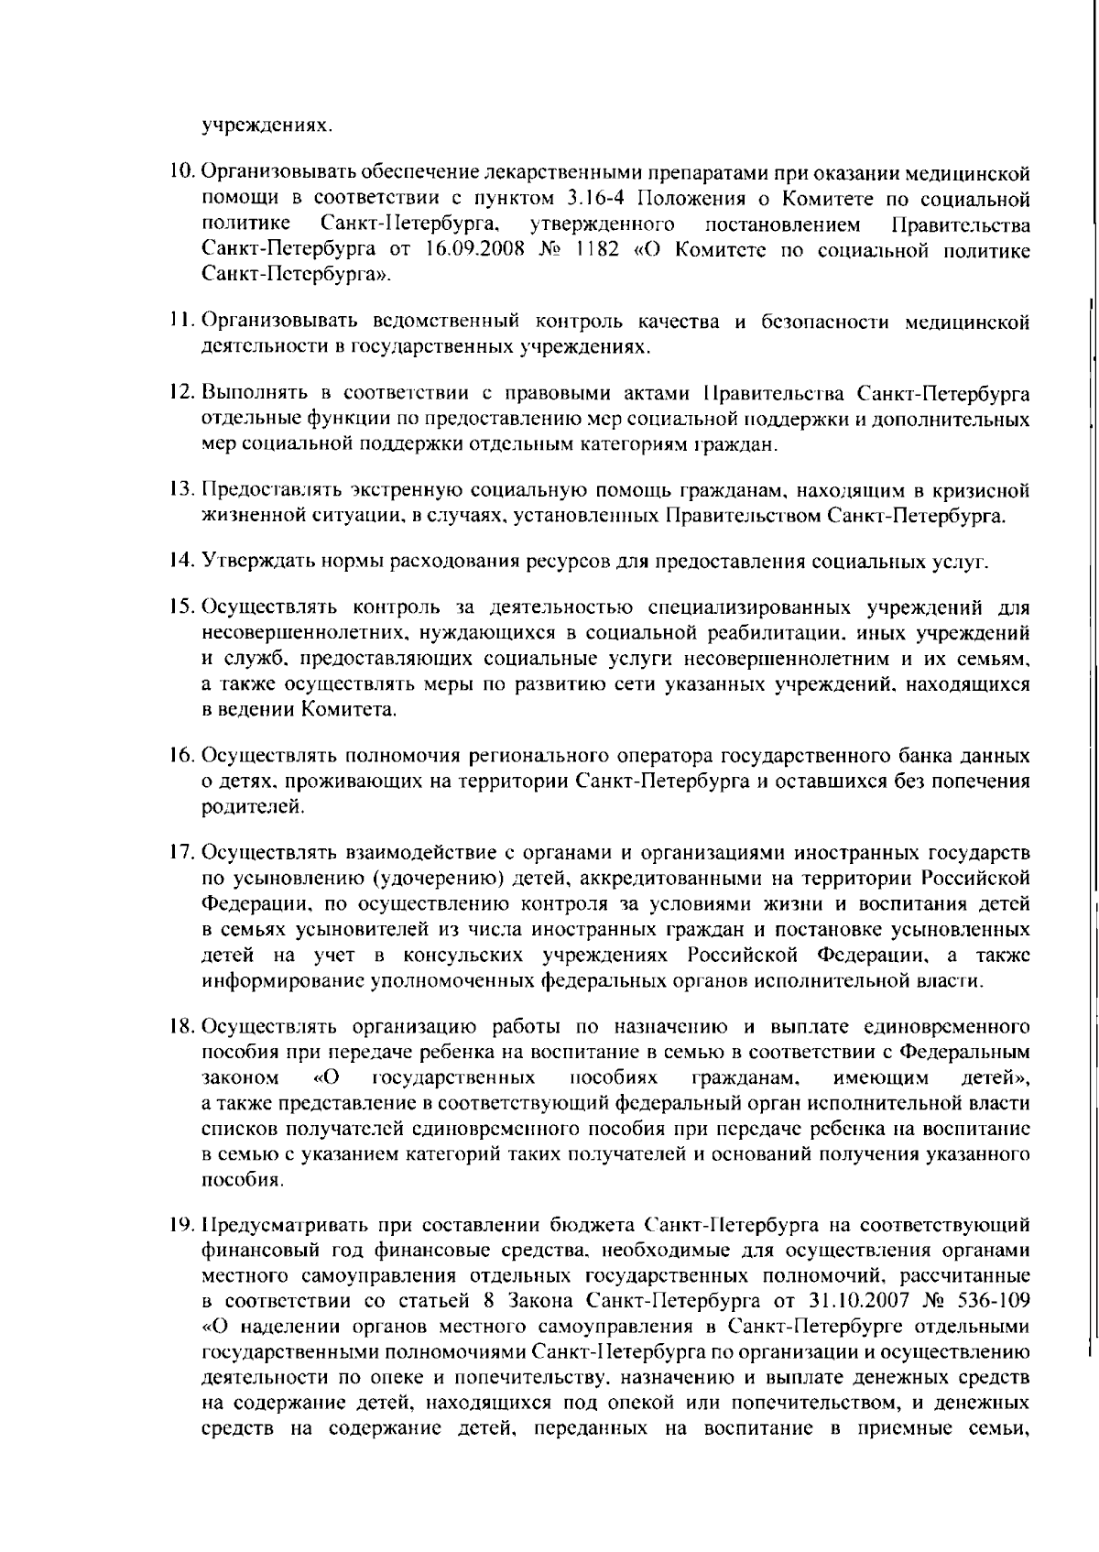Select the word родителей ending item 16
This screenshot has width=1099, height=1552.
point(240,807)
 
